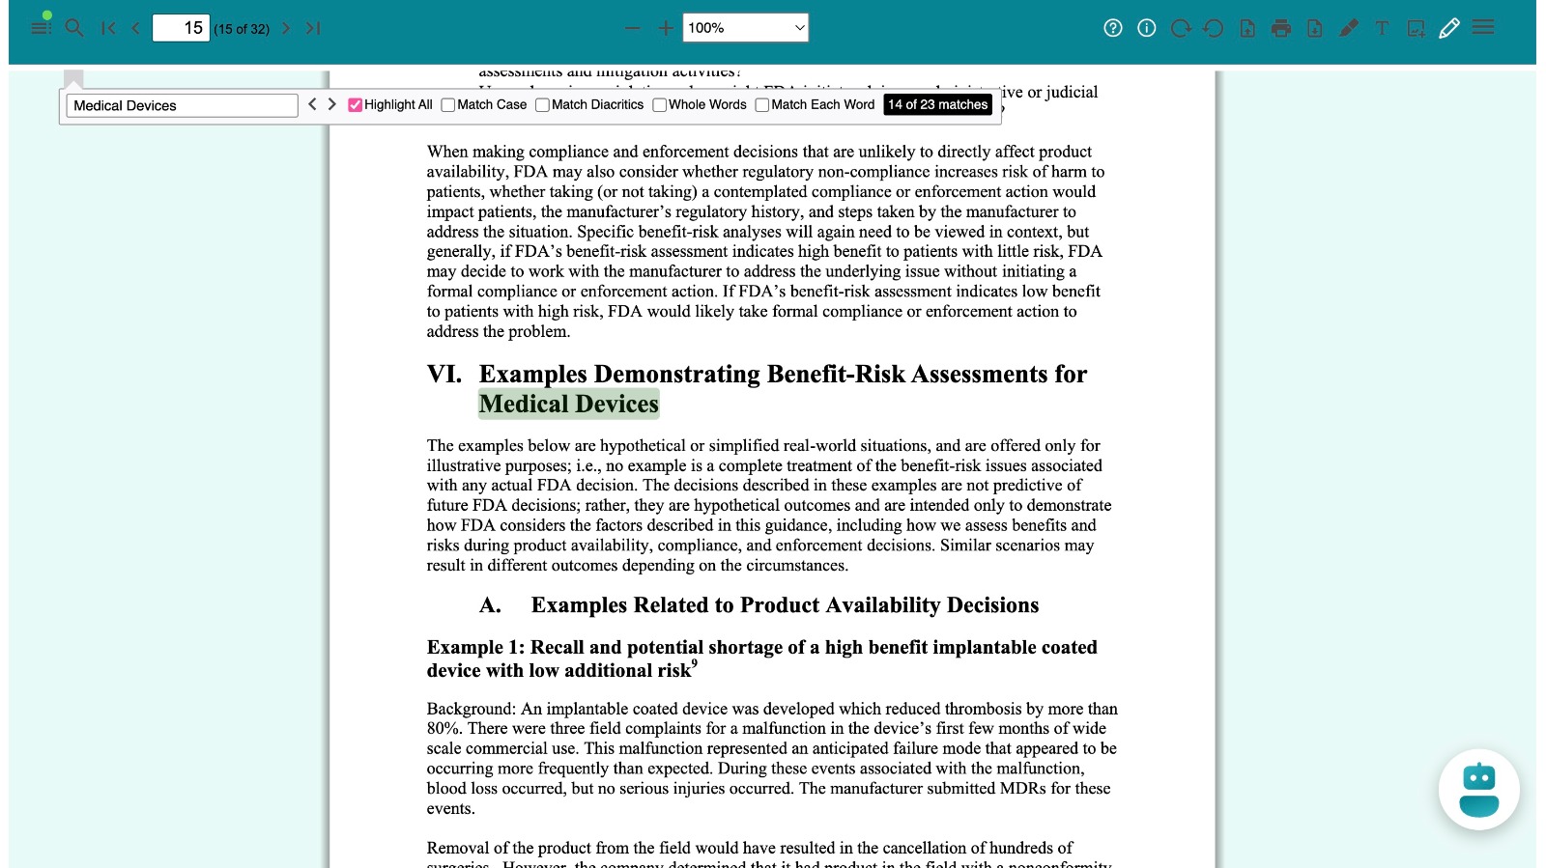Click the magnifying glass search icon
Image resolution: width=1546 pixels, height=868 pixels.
coord(74,28)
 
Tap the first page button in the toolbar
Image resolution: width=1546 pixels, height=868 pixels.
coord(108,28)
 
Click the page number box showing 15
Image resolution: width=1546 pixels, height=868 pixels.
coord(181,28)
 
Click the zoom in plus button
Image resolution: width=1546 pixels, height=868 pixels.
coord(666,28)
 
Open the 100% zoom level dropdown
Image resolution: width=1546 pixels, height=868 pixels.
coord(745,28)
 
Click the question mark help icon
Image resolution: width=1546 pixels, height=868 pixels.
coord(1113,28)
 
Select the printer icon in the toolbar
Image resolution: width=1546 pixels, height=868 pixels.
coord(1281,28)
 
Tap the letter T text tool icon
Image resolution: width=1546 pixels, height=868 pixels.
coord(1382,28)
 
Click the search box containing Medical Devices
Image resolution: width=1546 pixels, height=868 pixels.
coord(182,105)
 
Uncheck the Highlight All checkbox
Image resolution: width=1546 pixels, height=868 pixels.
coord(356,105)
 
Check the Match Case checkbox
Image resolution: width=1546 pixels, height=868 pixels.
coord(448,105)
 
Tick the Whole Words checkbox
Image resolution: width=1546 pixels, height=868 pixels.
coord(660,105)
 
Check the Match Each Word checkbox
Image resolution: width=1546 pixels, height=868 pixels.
coord(762,105)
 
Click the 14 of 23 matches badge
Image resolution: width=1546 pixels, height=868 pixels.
coord(937,104)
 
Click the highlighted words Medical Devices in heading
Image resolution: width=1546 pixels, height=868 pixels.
coord(568,404)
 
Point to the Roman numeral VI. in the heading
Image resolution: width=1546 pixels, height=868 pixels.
coord(444,375)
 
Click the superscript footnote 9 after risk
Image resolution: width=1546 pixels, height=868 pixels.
coord(694,663)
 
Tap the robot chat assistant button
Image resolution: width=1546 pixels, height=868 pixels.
coord(1478,790)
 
